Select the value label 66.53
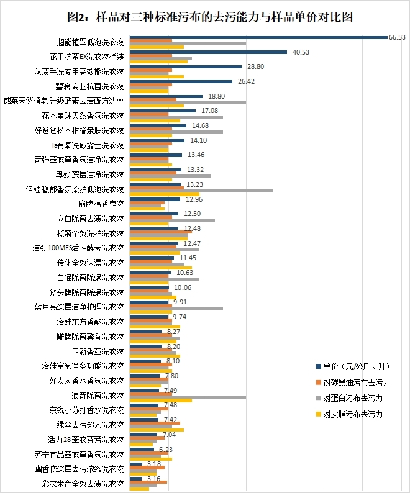coord(397,37)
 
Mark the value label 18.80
coord(216,96)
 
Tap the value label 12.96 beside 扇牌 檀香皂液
coord(194,199)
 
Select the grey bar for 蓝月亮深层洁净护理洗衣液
coord(176,308)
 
